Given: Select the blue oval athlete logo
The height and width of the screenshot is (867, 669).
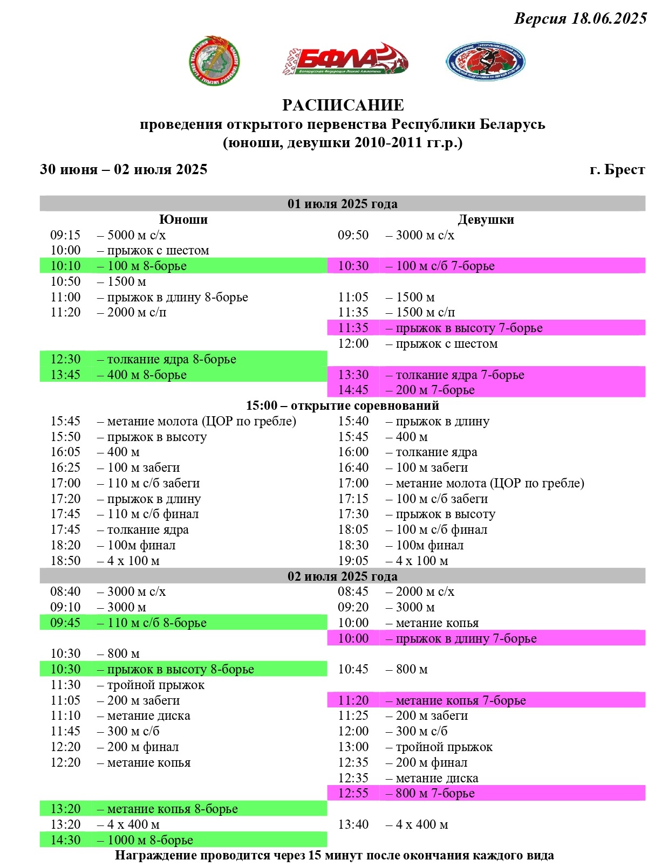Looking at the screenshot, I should point(485,61).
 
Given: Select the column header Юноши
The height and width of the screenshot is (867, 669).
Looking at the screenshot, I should point(183,219).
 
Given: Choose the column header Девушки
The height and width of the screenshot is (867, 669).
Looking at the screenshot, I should point(486,219).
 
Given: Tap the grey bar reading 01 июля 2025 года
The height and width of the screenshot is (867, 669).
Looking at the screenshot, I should point(342,204).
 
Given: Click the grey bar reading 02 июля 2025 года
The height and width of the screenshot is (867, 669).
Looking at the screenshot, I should point(342,576).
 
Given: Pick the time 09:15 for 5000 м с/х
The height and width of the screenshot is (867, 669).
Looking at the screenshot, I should point(65,235).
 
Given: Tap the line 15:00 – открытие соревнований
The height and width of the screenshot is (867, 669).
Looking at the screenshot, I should point(343,405).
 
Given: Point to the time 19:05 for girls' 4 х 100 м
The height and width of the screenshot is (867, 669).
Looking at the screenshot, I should point(353,561).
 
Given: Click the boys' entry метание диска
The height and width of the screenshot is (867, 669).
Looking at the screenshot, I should point(148,716).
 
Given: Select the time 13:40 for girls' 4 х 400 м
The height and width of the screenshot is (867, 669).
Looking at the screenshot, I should point(353,824).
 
